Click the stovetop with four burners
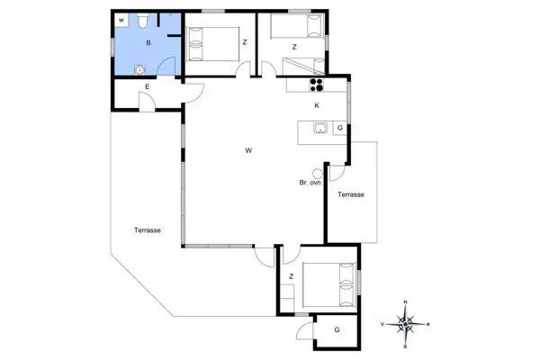(317, 86)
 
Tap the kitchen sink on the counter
(319, 129)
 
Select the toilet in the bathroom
(144, 21)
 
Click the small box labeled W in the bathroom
(121, 18)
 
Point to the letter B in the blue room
(149, 41)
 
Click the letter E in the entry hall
(147, 86)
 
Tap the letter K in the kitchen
(317, 106)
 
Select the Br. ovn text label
(310, 183)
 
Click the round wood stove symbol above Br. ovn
(317, 172)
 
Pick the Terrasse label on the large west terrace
(148, 230)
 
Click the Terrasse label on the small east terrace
(350, 194)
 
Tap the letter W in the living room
(247, 150)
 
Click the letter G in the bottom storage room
(337, 331)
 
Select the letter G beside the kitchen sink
(339, 129)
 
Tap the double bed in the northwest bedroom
(209, 41)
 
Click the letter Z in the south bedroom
(292, 276)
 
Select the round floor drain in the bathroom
(139, 71)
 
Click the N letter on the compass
(406, 302)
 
